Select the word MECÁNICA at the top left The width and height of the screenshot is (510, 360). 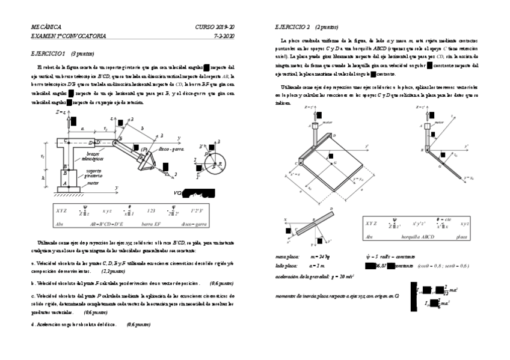pos(46,27)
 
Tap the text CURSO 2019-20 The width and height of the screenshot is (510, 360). pos(215,27)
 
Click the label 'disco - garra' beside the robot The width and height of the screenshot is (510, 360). pos(172,148)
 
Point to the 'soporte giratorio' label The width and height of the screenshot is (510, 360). pos(93,172)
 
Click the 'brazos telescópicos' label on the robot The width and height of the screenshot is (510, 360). pos(93,156)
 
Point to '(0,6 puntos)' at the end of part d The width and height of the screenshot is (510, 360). pos(139,325)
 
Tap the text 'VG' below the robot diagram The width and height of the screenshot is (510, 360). pos(179,194)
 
